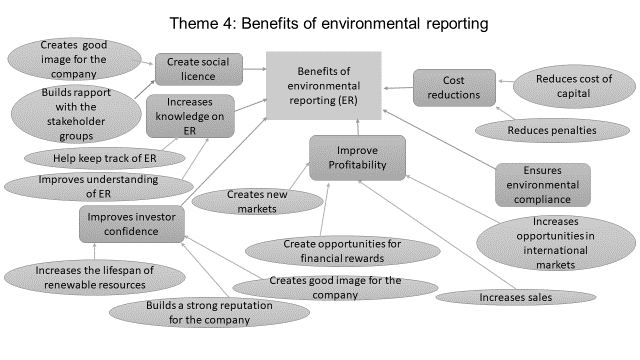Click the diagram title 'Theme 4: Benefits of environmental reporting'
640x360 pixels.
[x=329, y=23]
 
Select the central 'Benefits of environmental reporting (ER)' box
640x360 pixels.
[x=324, y=86]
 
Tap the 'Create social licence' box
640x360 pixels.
[x=199, y=69]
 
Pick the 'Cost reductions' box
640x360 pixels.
[x=454, y=88]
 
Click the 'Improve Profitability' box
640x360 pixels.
[x=357, y=158]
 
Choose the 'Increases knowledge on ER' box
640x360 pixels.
[x=190, y=116]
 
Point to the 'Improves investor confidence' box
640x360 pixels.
[x=131, y=224]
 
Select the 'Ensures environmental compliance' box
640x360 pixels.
[x=543, y=185]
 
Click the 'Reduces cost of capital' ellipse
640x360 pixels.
[x=574, y=86]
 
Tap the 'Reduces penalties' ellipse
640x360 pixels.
[x=552, y=131]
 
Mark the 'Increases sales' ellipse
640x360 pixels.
[x=516, y=297]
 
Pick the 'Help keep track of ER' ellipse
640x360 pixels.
[x=104, y=158]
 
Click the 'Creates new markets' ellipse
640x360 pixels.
[x=257, y=202]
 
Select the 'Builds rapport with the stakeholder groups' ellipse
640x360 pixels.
[x=76, y=114]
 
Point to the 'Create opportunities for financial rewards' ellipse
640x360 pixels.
[x=342, y=251]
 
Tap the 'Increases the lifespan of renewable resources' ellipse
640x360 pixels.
[x=95, y=278]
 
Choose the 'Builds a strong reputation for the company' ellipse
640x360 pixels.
[x=209, y=313]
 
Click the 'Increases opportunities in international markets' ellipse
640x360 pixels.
[x=556, y=243]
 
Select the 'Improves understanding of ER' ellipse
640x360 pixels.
[x=98, y=187]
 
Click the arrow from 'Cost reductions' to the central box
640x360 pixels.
[x=398, y=88]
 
